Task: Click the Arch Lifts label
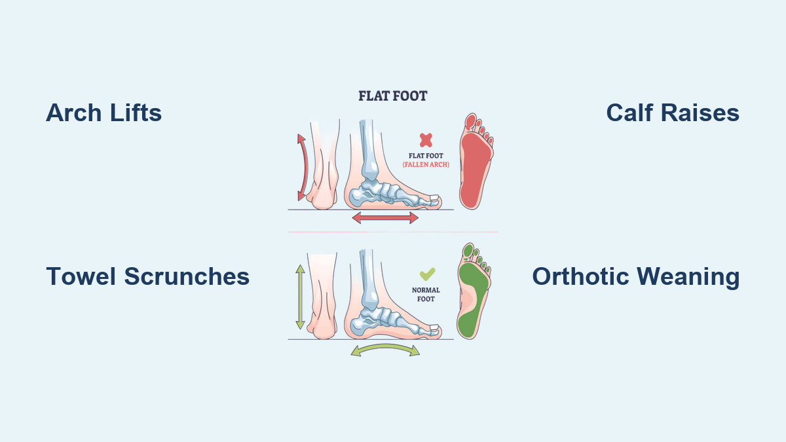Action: [x=103, y=113]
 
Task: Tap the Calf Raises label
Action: [x=673, y=113]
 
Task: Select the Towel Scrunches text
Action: [x=147, y=276]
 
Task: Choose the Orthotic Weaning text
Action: [x=635, y=276]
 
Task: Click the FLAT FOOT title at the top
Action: [x=392, y=96]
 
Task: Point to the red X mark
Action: [x=426, y=139]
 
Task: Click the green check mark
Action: [x=427, y=274]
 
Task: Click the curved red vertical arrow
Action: [x=301, y=168]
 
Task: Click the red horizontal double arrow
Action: [x=385, y=217]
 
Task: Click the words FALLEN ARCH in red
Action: [x=426, y=164]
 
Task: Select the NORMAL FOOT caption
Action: [x=426, y=295]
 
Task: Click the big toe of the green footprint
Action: [x=467, y=250]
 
